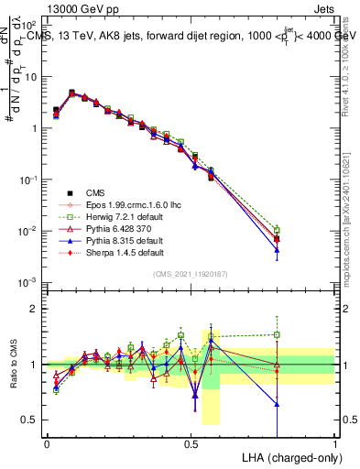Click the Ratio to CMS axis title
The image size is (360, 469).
14,366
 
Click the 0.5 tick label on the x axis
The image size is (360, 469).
191,442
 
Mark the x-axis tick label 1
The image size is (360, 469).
334,442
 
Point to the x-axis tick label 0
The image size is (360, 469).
47,442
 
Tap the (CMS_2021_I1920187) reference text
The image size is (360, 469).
190,274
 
